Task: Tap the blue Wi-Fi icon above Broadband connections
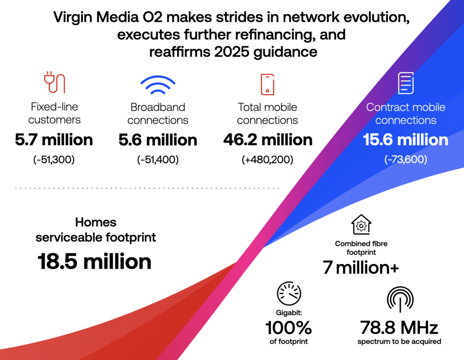point(157,85)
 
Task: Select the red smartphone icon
point(267,84)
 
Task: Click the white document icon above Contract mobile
point(406,83)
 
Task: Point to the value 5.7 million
point(54,139)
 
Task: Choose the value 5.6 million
point(158,139)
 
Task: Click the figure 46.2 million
point(267,139)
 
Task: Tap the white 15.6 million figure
point(406,139)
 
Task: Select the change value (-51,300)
point(54,159)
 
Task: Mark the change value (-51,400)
point(158,159)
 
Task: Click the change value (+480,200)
point(267,159)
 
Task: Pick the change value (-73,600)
point(406,159)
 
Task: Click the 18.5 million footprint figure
point(94,262)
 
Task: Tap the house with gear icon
point(361,225)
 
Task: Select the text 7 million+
point(361,268)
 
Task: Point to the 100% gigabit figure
point(289,327)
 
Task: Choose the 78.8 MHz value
point(400,327)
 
